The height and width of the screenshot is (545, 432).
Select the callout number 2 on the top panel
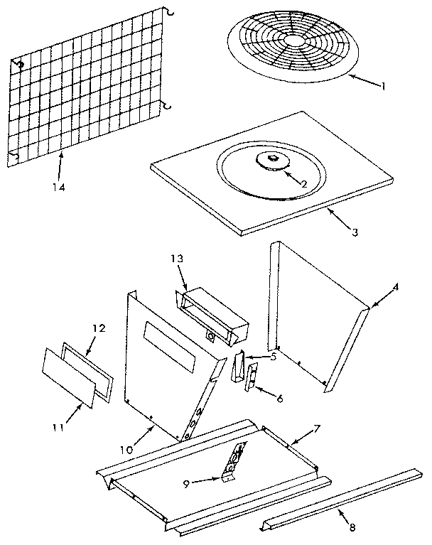tap(303, 184)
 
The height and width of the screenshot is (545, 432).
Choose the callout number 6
tap(279, 399)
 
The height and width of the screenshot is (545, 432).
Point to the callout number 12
tap(99, 328)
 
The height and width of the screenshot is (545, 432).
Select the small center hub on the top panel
tap(273, 161)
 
